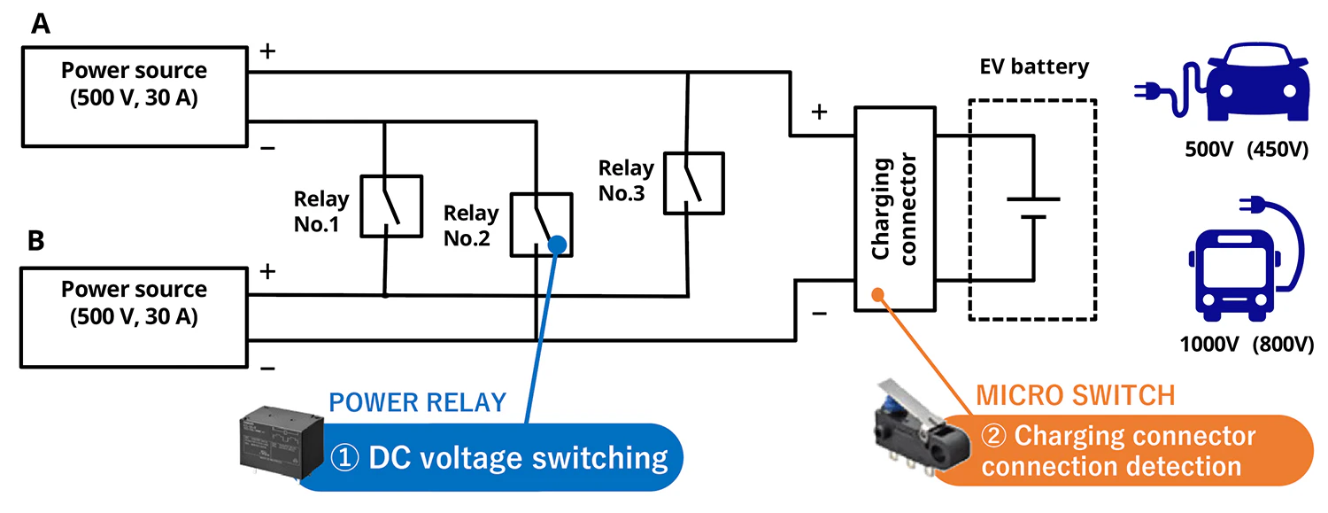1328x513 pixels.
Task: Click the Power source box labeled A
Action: pos(134,97)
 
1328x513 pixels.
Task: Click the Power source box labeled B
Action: pos(134,315)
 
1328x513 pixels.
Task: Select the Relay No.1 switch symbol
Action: pos(390,206)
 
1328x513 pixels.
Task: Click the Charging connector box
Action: pos(894,209)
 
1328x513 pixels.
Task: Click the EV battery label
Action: pos(1034,67)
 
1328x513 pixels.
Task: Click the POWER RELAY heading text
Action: pos(417,403)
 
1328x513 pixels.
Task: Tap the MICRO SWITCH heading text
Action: pos(1075,396)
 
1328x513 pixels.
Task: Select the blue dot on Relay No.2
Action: pos(557,244)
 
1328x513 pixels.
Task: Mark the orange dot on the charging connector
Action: pos(877,294)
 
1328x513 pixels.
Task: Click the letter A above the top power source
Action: pos(40,24)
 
